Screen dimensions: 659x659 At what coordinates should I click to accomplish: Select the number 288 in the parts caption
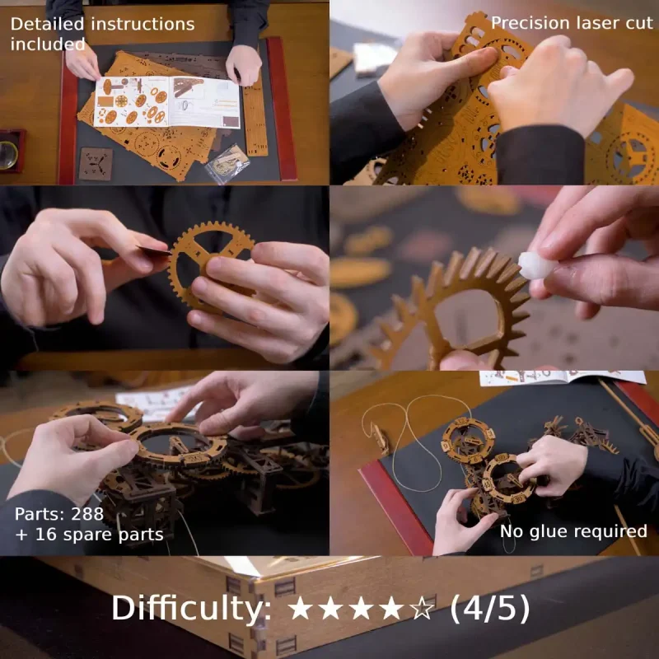pyautogui.click(x=87, y=515)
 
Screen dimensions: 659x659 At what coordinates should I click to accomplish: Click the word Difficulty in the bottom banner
pyautogui.click(x=193, y=609)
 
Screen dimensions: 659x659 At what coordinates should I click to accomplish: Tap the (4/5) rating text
pyautogui.click(x=489, y=609)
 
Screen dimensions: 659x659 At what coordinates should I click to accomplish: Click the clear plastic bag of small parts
pyautogui.click(x=227, y=162)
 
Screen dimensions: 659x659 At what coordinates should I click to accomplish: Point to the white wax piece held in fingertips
pyautogui.click(x=537, y=265)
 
